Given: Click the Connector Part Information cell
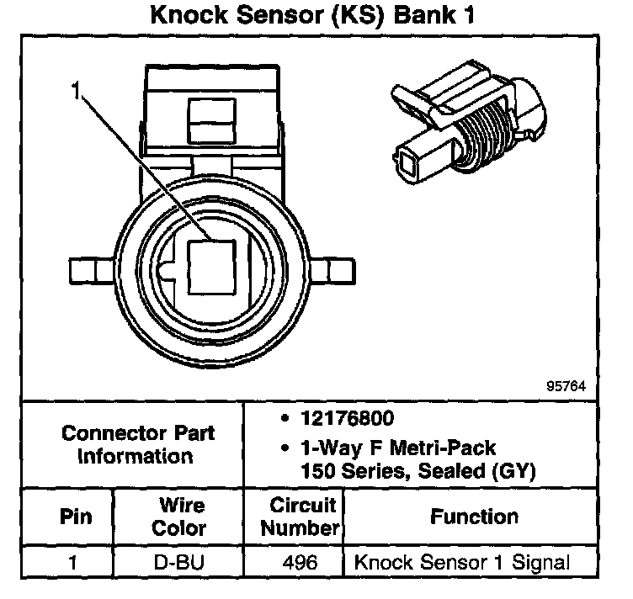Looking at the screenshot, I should [138, 445].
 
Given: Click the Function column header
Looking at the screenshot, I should [474, 517].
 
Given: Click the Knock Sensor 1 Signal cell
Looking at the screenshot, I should [462, 562].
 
